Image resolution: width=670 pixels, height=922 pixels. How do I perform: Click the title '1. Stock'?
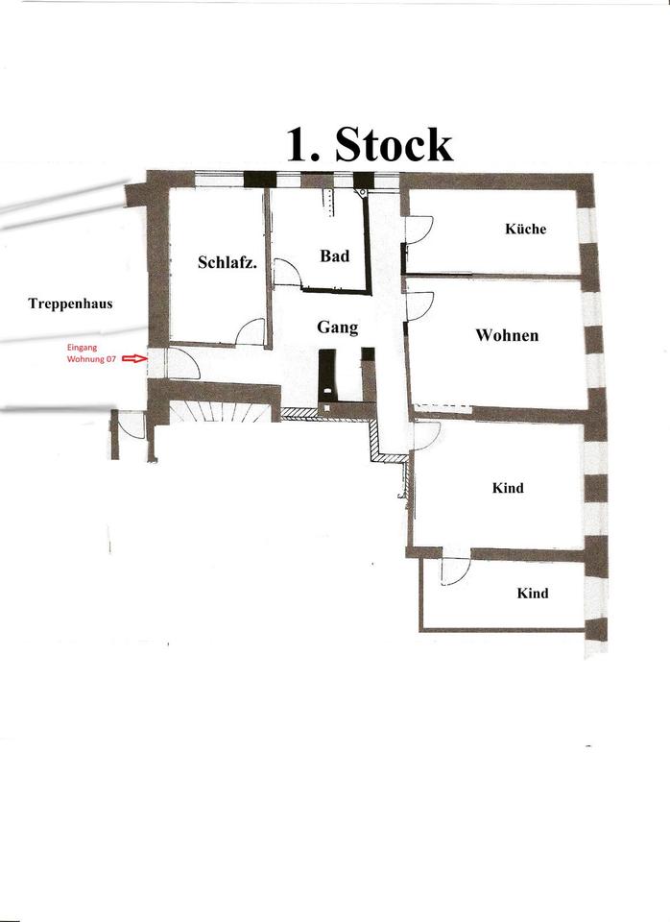pyautogui.click(x=370, y=143)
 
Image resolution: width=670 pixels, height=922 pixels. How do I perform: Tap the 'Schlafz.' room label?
pyautogui.click(x=227, y=262)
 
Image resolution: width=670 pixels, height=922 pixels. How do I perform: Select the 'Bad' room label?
pyautogui.click(x=334, y=256)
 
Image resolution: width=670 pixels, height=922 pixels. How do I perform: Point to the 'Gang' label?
pyautogui.click(x=337, y=328)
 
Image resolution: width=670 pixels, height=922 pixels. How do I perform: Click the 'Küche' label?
pyautogui.click(x=525, y=229)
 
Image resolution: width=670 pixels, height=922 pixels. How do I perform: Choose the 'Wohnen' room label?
pyautogui.click(x=507, y=335)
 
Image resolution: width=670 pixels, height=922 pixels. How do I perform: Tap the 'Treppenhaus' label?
pyautogui.click(x=70, y=303)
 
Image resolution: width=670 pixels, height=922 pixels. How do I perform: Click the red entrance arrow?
pyautogui.click(x=134, y=358)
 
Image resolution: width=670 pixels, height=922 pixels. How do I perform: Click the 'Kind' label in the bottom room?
pyautogui.click(x=533, y=594)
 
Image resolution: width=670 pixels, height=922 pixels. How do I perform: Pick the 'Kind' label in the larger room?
pyautogui.click(x=508, y=488)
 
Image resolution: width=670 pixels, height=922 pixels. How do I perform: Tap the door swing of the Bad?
pyautogui.click(x=286, y=273)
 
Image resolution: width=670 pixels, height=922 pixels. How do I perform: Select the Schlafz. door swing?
pyautogui.click(x=251, y=332)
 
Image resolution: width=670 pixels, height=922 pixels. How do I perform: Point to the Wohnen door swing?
pyautogui.click(x=419, y=305)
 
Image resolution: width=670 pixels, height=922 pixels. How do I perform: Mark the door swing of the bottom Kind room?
pyautogui.click(x=454, y=570)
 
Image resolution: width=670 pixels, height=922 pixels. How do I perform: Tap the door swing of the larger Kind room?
pyautogui.click(x=425, y=435)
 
